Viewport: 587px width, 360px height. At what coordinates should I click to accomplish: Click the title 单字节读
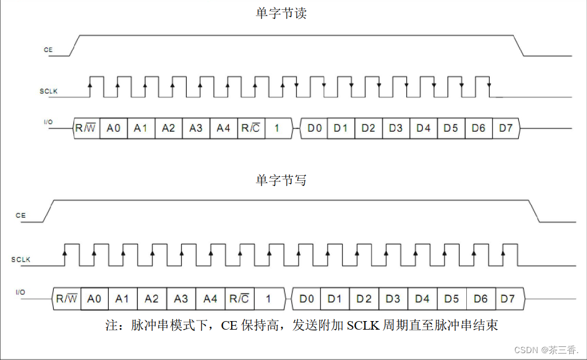coord(281,13)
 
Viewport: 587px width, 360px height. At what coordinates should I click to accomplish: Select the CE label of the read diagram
coord(48,50)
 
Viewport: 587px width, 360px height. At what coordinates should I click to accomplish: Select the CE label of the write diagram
coord(21,216)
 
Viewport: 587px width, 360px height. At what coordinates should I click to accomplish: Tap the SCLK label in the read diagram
coord(49,91)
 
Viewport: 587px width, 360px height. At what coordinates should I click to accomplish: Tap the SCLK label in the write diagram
coord(21,260)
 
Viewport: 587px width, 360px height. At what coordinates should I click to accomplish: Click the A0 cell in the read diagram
coord(113,128)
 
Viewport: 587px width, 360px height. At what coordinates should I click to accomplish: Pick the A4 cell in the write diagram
coord(211,298)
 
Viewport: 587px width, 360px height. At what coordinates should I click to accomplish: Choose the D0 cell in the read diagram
coord(314,128)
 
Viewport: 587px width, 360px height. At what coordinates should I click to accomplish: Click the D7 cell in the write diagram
coord(507,298)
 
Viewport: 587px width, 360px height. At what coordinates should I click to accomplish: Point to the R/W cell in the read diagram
coord(86,128)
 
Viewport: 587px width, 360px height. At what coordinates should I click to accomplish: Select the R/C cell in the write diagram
coord(239,298)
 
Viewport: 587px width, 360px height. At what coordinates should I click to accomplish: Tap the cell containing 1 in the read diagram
coord(277,128)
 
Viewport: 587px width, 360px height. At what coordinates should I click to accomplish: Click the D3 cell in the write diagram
coord(392,298)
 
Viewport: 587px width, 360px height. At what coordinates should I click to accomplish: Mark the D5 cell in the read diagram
coord(451,128)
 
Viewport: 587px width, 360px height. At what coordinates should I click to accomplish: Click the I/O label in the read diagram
coord(48,122)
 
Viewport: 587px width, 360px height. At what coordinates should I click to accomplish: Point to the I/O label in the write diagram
coord(21,292)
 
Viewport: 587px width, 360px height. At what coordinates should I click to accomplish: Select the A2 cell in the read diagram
coord(168,128)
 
